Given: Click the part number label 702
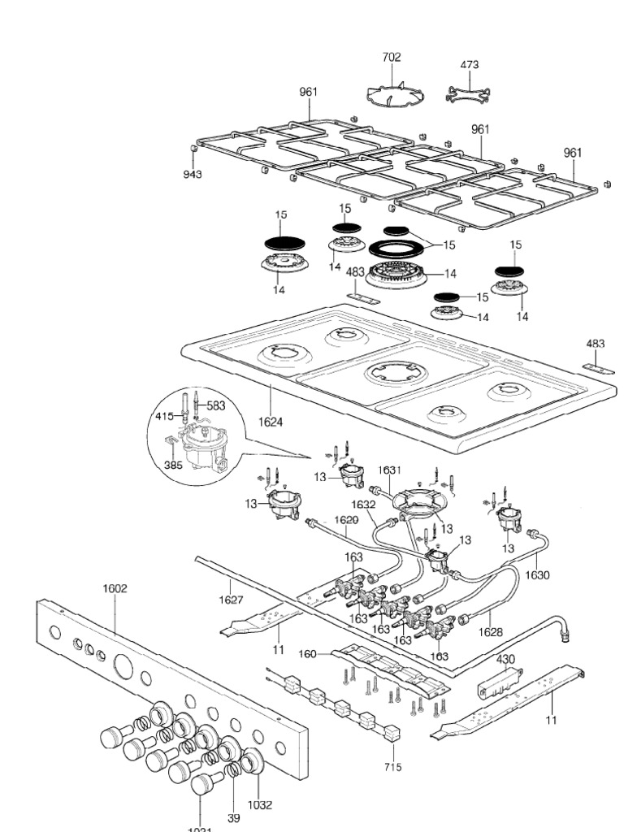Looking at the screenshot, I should [392, 58].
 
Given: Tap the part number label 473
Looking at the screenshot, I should [469, 64].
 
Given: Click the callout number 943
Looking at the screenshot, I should [193, 174].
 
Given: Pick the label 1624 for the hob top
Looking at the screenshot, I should [271, 421].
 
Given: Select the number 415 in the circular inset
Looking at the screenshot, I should [164, 417].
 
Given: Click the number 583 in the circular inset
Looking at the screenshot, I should [215, 405].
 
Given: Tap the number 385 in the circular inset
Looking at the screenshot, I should [172, 466].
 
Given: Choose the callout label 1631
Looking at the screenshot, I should [388, 469].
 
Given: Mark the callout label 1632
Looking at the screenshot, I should [363, 504].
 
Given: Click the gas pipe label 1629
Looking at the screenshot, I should [345, 519].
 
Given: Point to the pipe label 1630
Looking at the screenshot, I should [537, 574].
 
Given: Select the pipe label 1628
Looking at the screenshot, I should [490, 631].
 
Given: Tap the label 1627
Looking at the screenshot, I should [232, 600].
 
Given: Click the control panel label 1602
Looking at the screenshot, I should [115, 587].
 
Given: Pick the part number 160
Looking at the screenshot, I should [308, 653].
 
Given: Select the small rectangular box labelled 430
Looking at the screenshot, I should [496, 676].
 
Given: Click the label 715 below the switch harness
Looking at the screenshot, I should [392, 766].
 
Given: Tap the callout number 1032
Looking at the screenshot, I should [260, 805].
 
